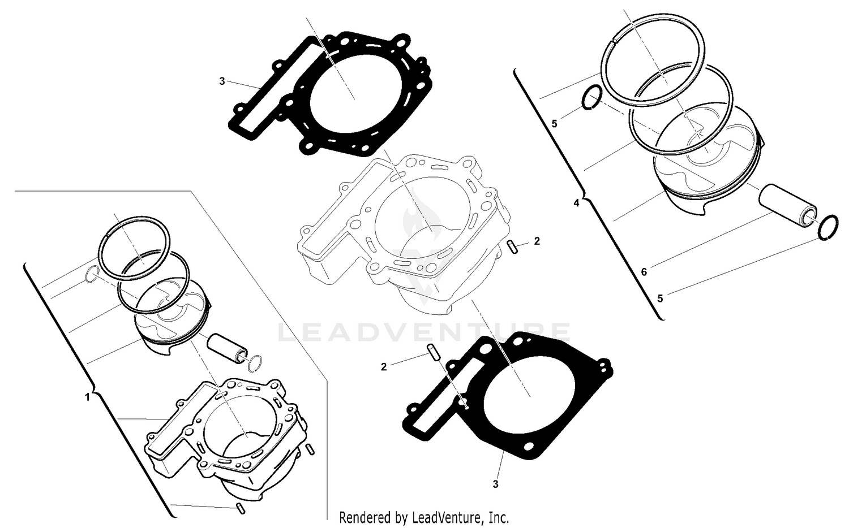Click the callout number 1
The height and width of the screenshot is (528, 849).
87,397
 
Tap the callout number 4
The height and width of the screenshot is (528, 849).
576,203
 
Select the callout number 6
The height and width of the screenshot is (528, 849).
644,272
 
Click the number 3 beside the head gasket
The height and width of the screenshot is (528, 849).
222,81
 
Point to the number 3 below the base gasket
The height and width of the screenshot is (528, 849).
495,484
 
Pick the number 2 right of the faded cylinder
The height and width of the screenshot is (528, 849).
537,241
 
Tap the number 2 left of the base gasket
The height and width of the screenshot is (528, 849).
384,367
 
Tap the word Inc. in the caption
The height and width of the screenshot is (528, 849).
499,517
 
